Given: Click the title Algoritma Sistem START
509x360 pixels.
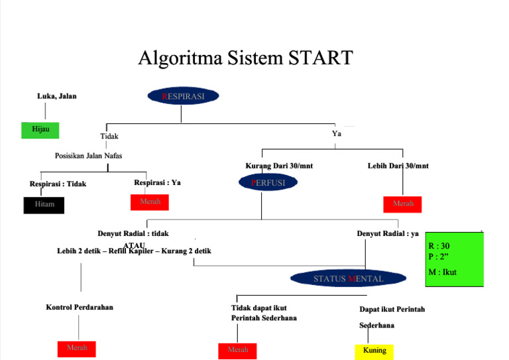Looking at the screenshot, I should click(x=245, y=58).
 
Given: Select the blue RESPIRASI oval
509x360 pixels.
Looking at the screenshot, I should click(x=183, y=96).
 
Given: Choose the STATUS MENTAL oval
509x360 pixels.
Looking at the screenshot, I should click(x=348, y=278).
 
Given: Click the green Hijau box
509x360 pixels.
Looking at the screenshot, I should click(x=40, y=129).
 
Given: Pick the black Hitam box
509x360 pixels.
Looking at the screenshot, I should click(x=44, y=206).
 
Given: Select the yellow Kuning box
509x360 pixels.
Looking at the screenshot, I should click(x=374, y=351).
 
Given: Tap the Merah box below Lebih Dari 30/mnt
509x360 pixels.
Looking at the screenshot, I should click(x=402, y=204).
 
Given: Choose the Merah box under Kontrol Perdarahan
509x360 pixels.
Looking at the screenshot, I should click(x=76, y=348).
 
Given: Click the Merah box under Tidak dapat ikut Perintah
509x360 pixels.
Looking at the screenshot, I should click(x=237, y=351).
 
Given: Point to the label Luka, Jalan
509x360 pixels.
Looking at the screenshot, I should click(x=56, y=96).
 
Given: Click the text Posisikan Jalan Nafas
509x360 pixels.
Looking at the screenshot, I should click(x=88, y=156).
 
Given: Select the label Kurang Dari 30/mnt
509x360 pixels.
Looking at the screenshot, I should click(x=279, y=166).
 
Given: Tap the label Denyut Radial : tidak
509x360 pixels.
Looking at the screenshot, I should click(x=133, y=233).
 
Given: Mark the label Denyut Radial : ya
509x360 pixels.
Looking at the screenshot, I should click(x=388, y=233).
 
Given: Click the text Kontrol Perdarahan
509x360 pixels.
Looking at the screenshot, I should click(x=80, y=308).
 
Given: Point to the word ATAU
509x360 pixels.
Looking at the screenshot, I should click(x=139, y=245).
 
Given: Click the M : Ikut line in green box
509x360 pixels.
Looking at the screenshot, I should click(x=442, y=272).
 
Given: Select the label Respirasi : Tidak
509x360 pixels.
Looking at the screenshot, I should click(x=58, y=184).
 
